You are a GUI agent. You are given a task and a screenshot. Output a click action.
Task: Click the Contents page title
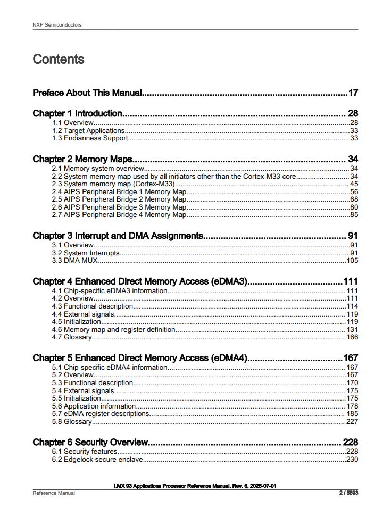click(59, 59)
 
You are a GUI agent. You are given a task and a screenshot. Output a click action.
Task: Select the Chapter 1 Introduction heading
click(78, 113)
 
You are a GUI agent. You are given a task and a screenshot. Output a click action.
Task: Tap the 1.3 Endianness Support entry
click(90, 138)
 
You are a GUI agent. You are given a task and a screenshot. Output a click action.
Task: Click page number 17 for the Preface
click(353, 93)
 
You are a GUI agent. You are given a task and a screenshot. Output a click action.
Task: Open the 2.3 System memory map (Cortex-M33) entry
click(113, 184)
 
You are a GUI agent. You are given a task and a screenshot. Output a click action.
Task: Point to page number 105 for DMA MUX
click(352, 261)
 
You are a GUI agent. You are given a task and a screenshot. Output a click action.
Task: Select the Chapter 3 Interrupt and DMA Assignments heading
click(118, 236)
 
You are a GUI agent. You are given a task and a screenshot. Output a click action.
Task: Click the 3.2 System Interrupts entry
click(86, 253)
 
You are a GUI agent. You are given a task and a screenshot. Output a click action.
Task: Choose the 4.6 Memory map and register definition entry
click(113, 330)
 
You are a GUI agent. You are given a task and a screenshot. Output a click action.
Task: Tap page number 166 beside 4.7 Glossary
click(352, 337)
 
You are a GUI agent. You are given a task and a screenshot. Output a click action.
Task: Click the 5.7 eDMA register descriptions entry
click(101, 414)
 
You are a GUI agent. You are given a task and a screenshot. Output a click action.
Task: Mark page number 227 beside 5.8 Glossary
click(352, 422)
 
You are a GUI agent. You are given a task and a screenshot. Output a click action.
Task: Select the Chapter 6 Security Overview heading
click(90, 443)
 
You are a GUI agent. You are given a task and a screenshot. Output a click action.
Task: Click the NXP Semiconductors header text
click(57, 25)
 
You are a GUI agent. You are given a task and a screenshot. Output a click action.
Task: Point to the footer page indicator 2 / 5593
click(348, 493)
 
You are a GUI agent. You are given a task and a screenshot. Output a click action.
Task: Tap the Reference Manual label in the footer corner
click(54, 493)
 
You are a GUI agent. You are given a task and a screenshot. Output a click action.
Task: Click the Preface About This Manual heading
click(87, 93)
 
